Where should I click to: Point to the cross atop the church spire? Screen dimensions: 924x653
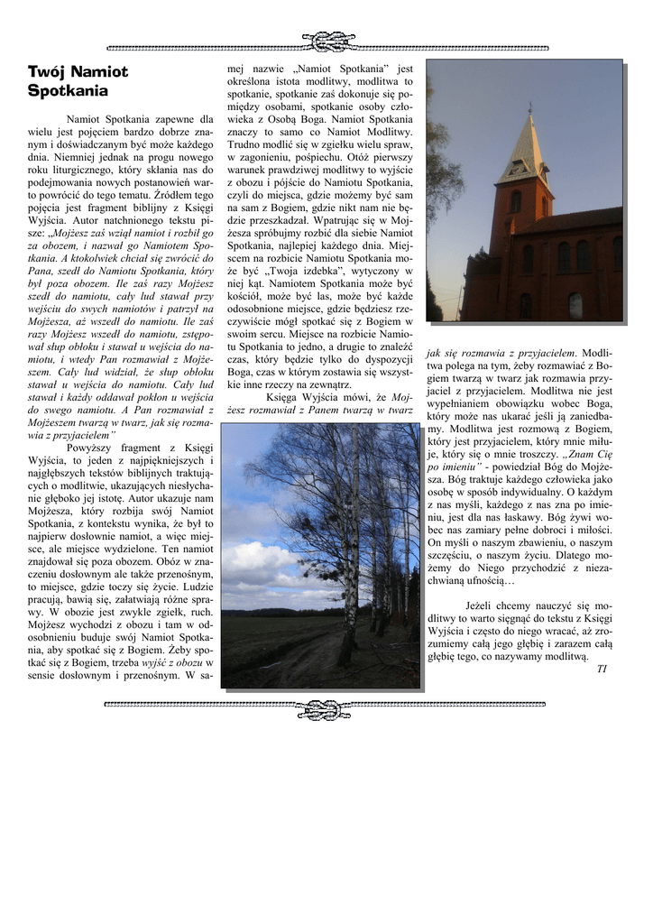point(529,110)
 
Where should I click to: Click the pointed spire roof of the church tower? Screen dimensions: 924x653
point(527,149)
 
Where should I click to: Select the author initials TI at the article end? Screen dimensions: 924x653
point(602,669)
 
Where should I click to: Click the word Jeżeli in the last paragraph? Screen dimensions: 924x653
point(484,605)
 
